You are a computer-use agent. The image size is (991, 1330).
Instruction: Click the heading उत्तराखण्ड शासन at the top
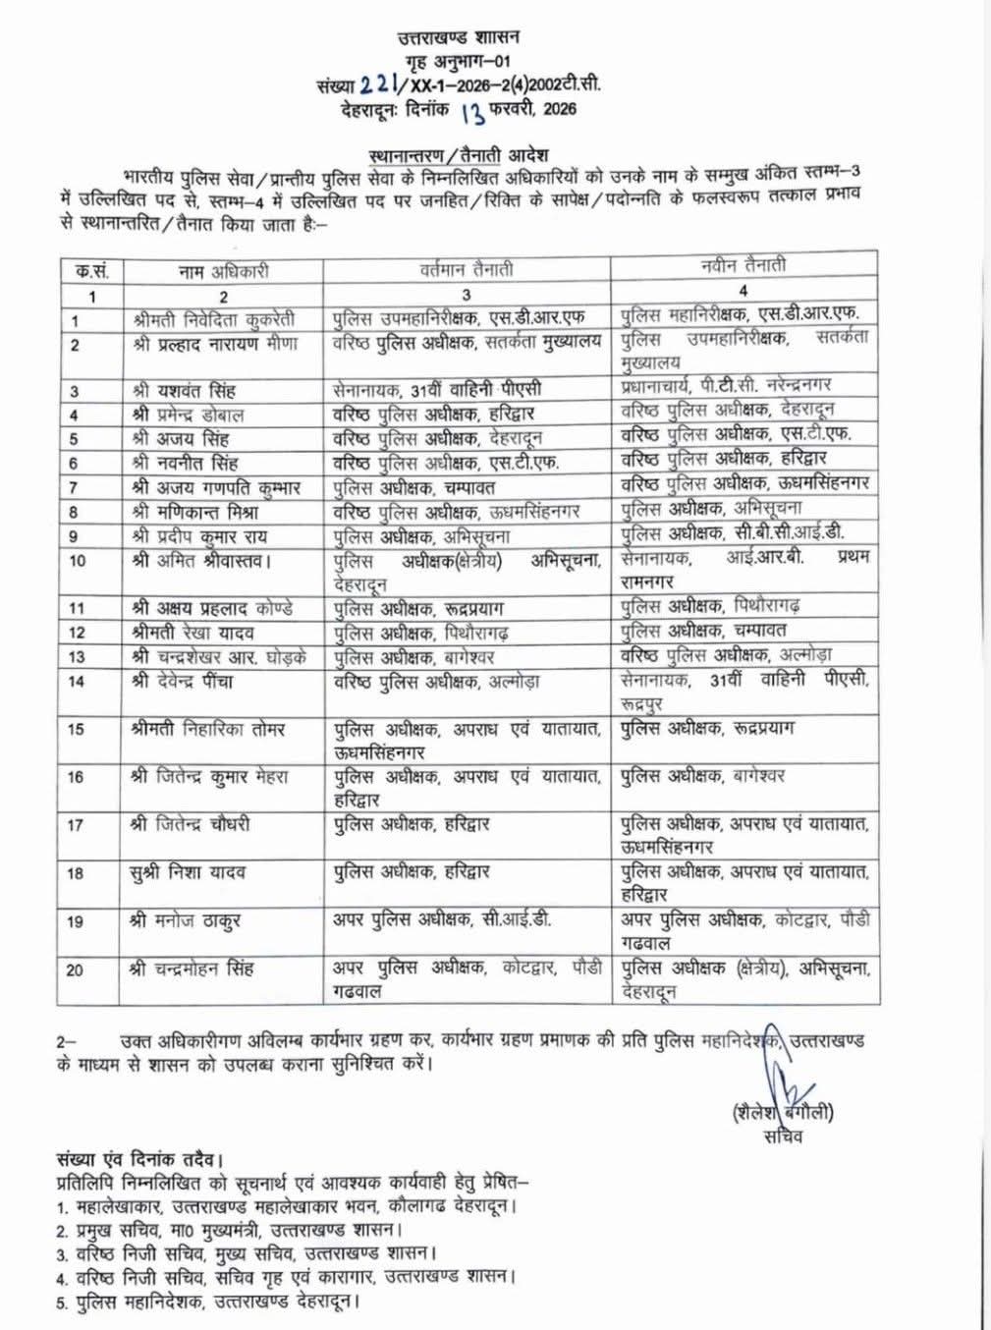[458, 38]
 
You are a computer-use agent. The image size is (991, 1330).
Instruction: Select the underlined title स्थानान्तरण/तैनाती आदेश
[458, 155]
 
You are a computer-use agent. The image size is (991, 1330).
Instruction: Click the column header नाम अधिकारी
[223, 269]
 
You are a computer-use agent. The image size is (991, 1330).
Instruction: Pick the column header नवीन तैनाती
[743, 265]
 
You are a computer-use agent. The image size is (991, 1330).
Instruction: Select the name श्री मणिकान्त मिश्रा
[197, 511]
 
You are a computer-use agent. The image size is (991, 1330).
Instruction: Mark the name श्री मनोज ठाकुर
[185, 921]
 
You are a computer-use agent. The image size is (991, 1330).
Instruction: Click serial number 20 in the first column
[76, 970]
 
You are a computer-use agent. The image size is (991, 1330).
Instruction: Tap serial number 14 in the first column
[76, 681]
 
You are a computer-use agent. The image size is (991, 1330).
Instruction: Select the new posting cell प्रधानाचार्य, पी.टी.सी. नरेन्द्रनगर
[732, 385]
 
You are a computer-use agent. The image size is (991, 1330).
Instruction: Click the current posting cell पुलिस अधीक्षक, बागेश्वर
[413, 656]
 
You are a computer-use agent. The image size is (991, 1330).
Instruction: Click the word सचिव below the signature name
[783, 1136]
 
